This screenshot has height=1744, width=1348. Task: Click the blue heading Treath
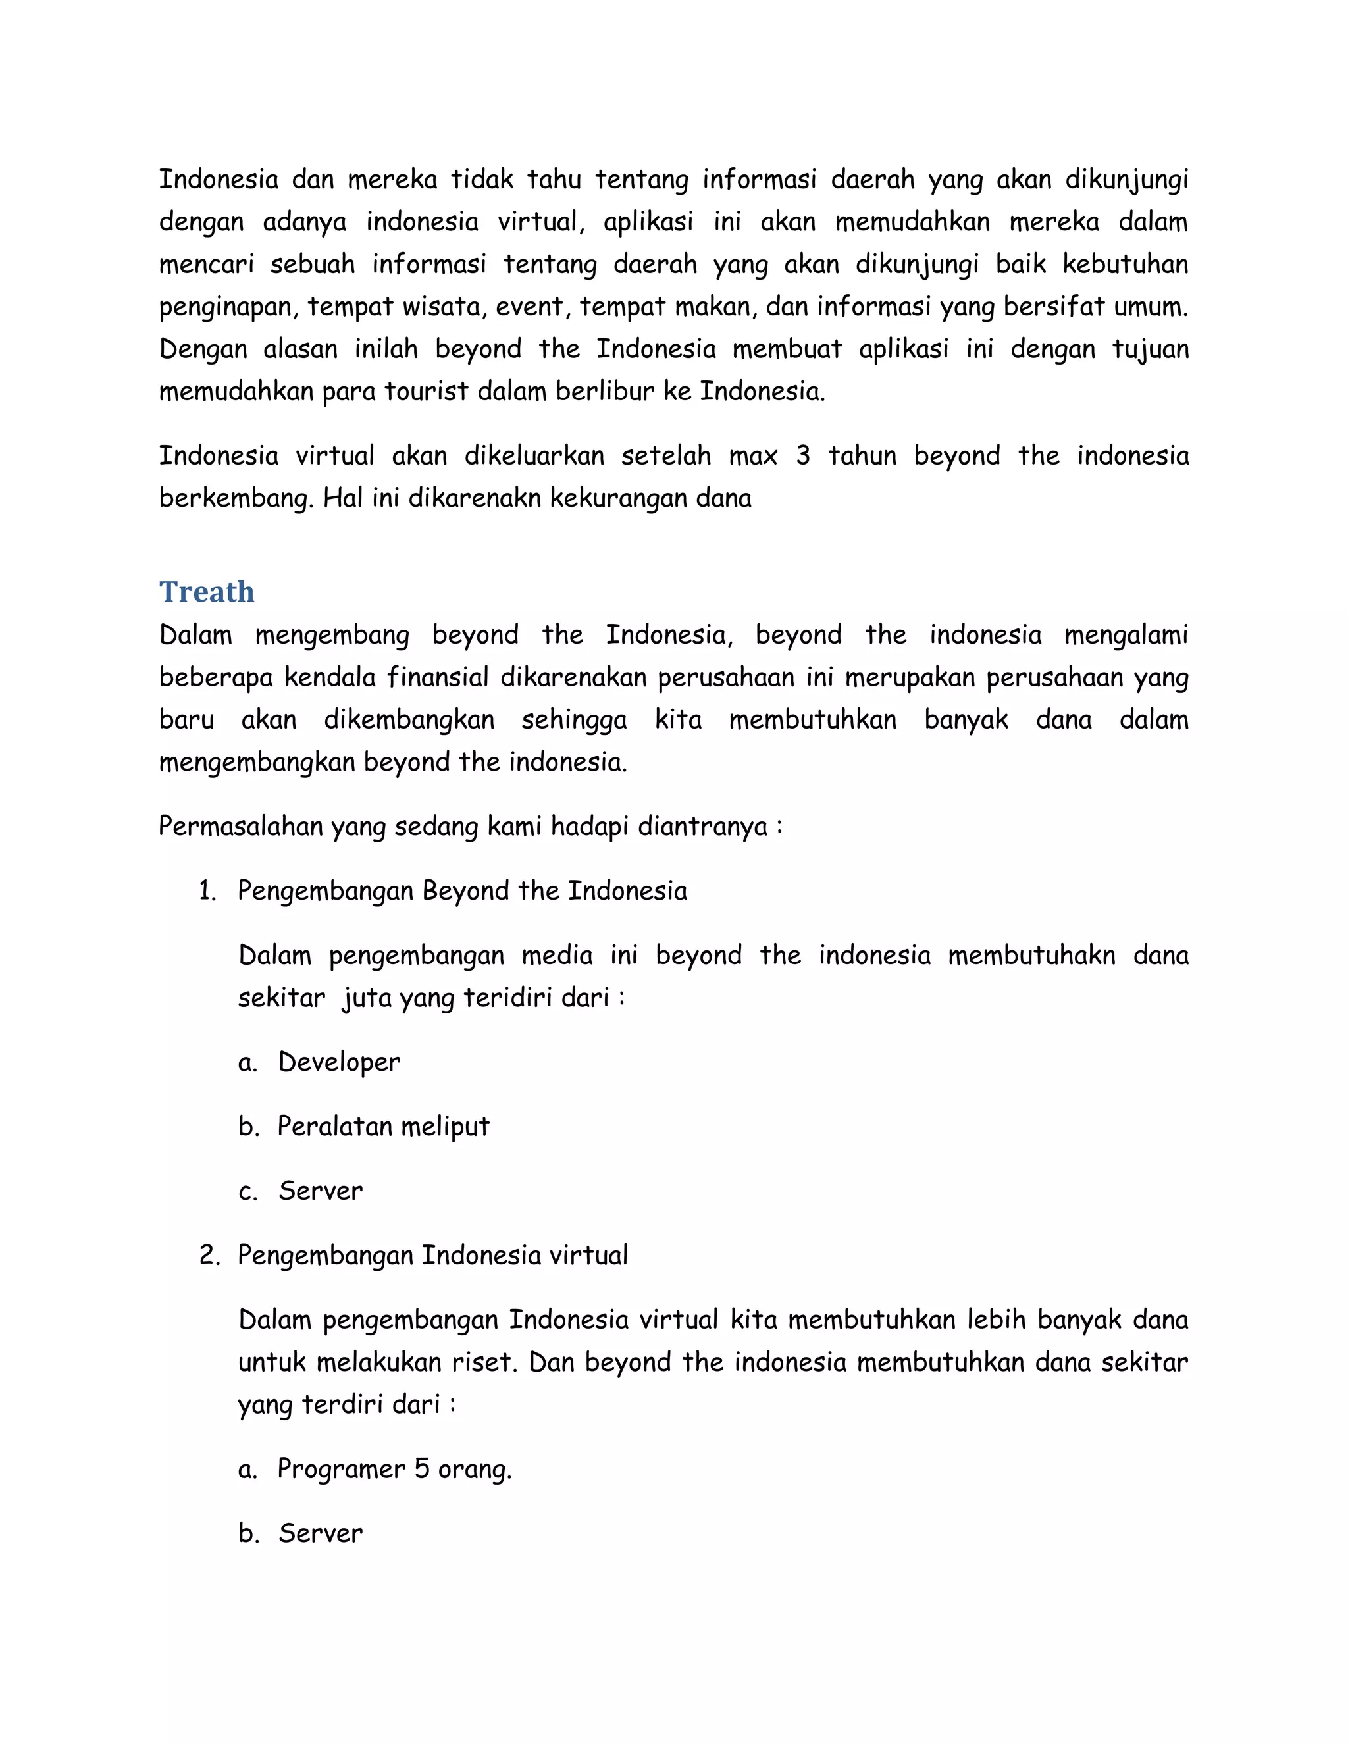click(207, 592)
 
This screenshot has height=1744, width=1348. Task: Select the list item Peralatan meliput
click(382, 1127)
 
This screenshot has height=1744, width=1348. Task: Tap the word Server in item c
click(321, 1191)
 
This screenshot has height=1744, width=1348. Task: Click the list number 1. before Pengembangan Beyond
click(207, 891)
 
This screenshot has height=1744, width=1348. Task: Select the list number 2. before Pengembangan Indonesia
click(209, 1255)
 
